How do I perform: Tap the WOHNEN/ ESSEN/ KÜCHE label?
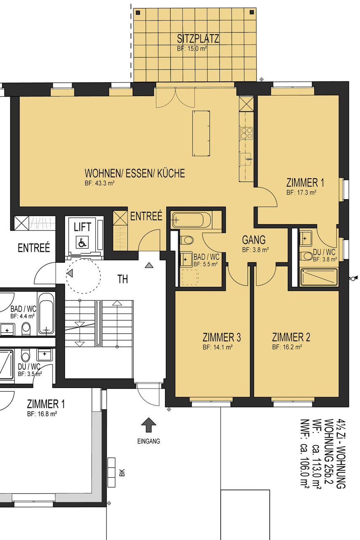point(135,173)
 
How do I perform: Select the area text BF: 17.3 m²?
point(301,192)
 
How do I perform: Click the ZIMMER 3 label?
point(222,337)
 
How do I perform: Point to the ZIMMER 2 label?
point(291,337)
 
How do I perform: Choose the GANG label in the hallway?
point(254,240)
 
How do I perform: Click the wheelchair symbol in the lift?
point(82,242)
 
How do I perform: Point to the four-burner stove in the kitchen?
point(246,134)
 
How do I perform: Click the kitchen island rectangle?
point(201,133)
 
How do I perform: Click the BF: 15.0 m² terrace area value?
point(192,49)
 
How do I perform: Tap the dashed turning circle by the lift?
point(84,275)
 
